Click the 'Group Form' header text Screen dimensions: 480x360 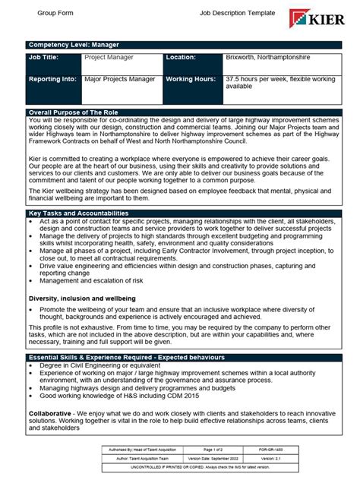coord(56,14)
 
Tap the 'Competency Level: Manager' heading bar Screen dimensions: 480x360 coord(73,45)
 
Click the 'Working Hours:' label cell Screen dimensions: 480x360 coord(191,78)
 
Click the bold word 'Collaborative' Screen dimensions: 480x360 coord(51,412)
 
